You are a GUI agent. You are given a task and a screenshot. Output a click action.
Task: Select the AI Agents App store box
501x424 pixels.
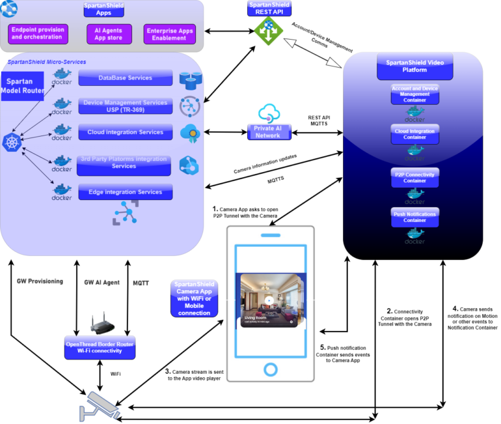tap(109, 34)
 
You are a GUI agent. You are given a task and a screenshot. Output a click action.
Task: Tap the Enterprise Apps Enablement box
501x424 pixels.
tap(169, 34)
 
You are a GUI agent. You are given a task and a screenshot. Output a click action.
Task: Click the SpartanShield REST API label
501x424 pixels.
tap(269, 8)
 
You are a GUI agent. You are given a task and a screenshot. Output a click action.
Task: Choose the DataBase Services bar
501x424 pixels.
tap(126, 78)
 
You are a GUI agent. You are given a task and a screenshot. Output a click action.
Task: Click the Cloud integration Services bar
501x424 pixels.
tap(126, 132)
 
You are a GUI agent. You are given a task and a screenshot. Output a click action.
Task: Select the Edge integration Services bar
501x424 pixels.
tap(126, 192)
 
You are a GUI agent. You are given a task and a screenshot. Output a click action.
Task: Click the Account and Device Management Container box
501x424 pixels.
tap(415, 94)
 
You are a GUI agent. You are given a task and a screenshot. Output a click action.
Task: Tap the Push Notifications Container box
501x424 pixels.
tap(415, 216)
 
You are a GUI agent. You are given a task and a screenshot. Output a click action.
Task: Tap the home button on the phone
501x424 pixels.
tap(269, 369)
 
